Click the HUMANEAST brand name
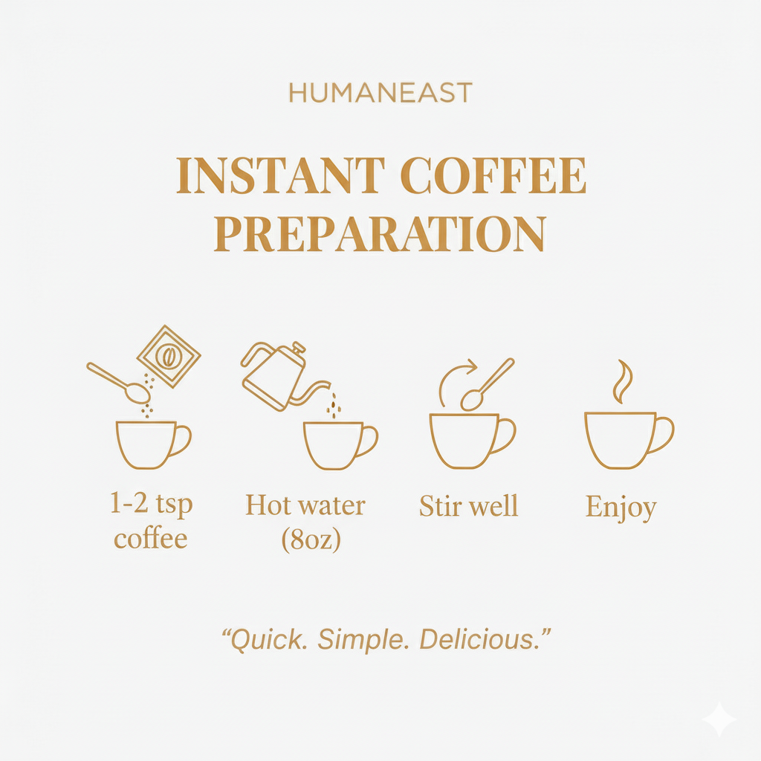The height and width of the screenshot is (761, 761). (x=380, y=93)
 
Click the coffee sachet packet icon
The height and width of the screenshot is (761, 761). (x=169, y=357)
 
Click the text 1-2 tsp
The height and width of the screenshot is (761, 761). (x=151, y=505)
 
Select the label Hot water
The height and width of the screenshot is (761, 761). (x=305, y=505)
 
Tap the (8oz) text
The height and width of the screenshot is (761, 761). (x=311, y=540)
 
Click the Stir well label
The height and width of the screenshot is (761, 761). (x=469, y=506)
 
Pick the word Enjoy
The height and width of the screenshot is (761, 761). (x=621, y=508)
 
